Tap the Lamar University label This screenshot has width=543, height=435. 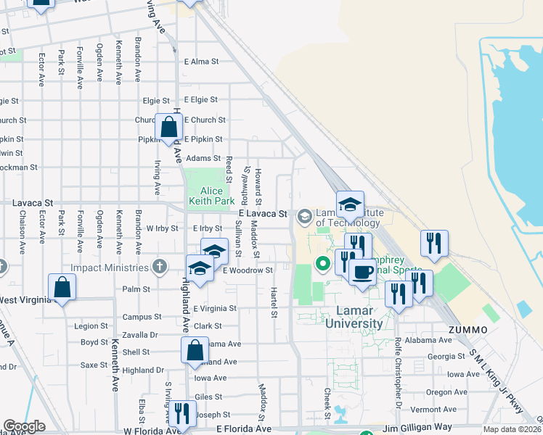[349, 317]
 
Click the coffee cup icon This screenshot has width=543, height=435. [362, 272]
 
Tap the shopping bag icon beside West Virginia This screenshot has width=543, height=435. [62, 287]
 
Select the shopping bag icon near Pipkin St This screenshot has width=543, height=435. [168, 128]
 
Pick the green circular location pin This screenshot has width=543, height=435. [319, 262]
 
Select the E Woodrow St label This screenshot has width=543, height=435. [248, 270]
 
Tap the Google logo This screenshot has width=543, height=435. [24, 426]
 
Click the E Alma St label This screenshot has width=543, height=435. [203, 62]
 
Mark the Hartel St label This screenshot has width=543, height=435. [274, 302]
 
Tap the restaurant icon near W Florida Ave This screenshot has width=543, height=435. [180, 413]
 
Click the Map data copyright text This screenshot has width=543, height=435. [512, 429]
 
